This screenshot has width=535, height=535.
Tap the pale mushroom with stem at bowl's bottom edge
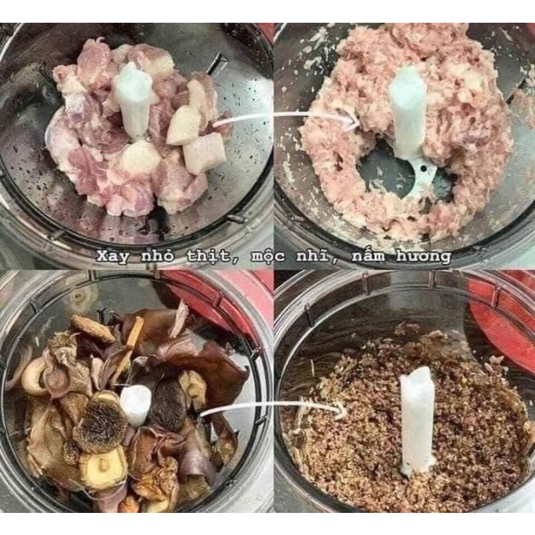104,468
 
